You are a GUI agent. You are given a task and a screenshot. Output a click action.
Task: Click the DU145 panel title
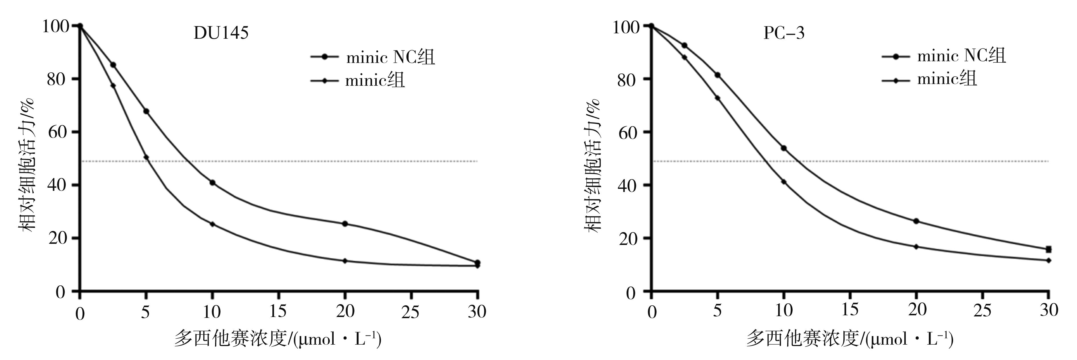(221, 33)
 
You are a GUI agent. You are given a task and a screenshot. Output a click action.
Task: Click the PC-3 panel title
(784, 33)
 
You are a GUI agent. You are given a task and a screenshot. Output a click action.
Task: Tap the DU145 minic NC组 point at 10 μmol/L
(212, 183)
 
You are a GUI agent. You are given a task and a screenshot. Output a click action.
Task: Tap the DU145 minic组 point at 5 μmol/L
(146, 157)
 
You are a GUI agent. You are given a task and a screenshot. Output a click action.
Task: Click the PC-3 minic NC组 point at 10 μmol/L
(784, 148)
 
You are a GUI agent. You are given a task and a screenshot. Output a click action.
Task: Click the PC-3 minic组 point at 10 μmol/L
(784, 182)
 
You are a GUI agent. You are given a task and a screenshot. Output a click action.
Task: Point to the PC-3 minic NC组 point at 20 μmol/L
(916, 221)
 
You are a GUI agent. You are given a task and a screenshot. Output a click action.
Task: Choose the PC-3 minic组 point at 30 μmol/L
(1049, 261)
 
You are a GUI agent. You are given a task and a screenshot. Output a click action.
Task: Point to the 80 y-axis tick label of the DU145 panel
(56, 79)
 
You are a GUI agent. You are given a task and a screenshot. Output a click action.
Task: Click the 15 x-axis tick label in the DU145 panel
(278, 312)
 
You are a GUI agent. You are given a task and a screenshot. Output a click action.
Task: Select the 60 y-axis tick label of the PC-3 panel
(628, 132)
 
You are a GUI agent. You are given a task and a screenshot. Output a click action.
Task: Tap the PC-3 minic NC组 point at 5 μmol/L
(717, 75)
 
